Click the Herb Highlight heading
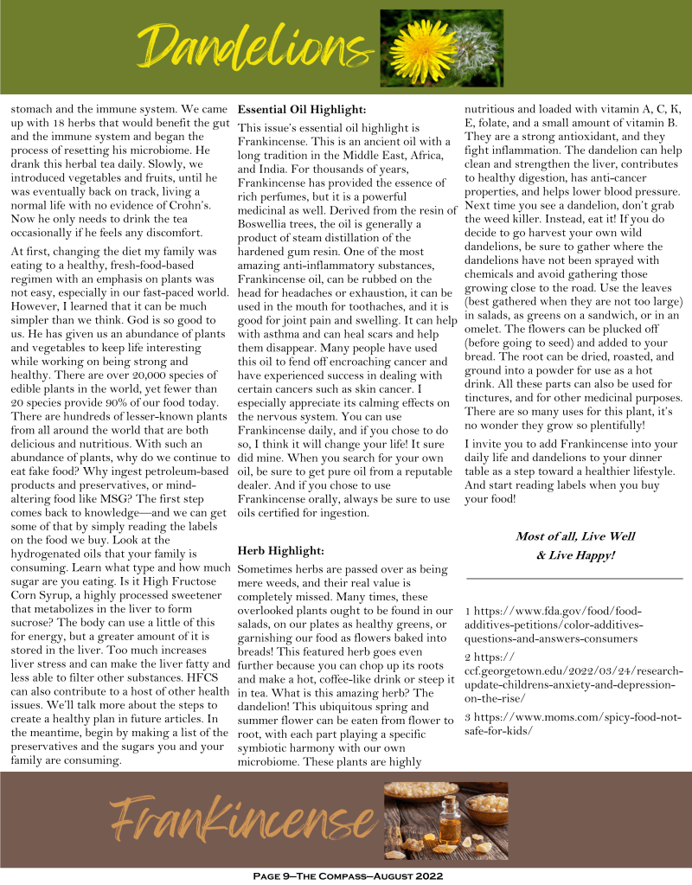(280, 550)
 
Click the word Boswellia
(267, 225)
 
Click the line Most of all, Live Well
(575, 536)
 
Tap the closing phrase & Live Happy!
(575, 555)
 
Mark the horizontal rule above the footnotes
(574, 578)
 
